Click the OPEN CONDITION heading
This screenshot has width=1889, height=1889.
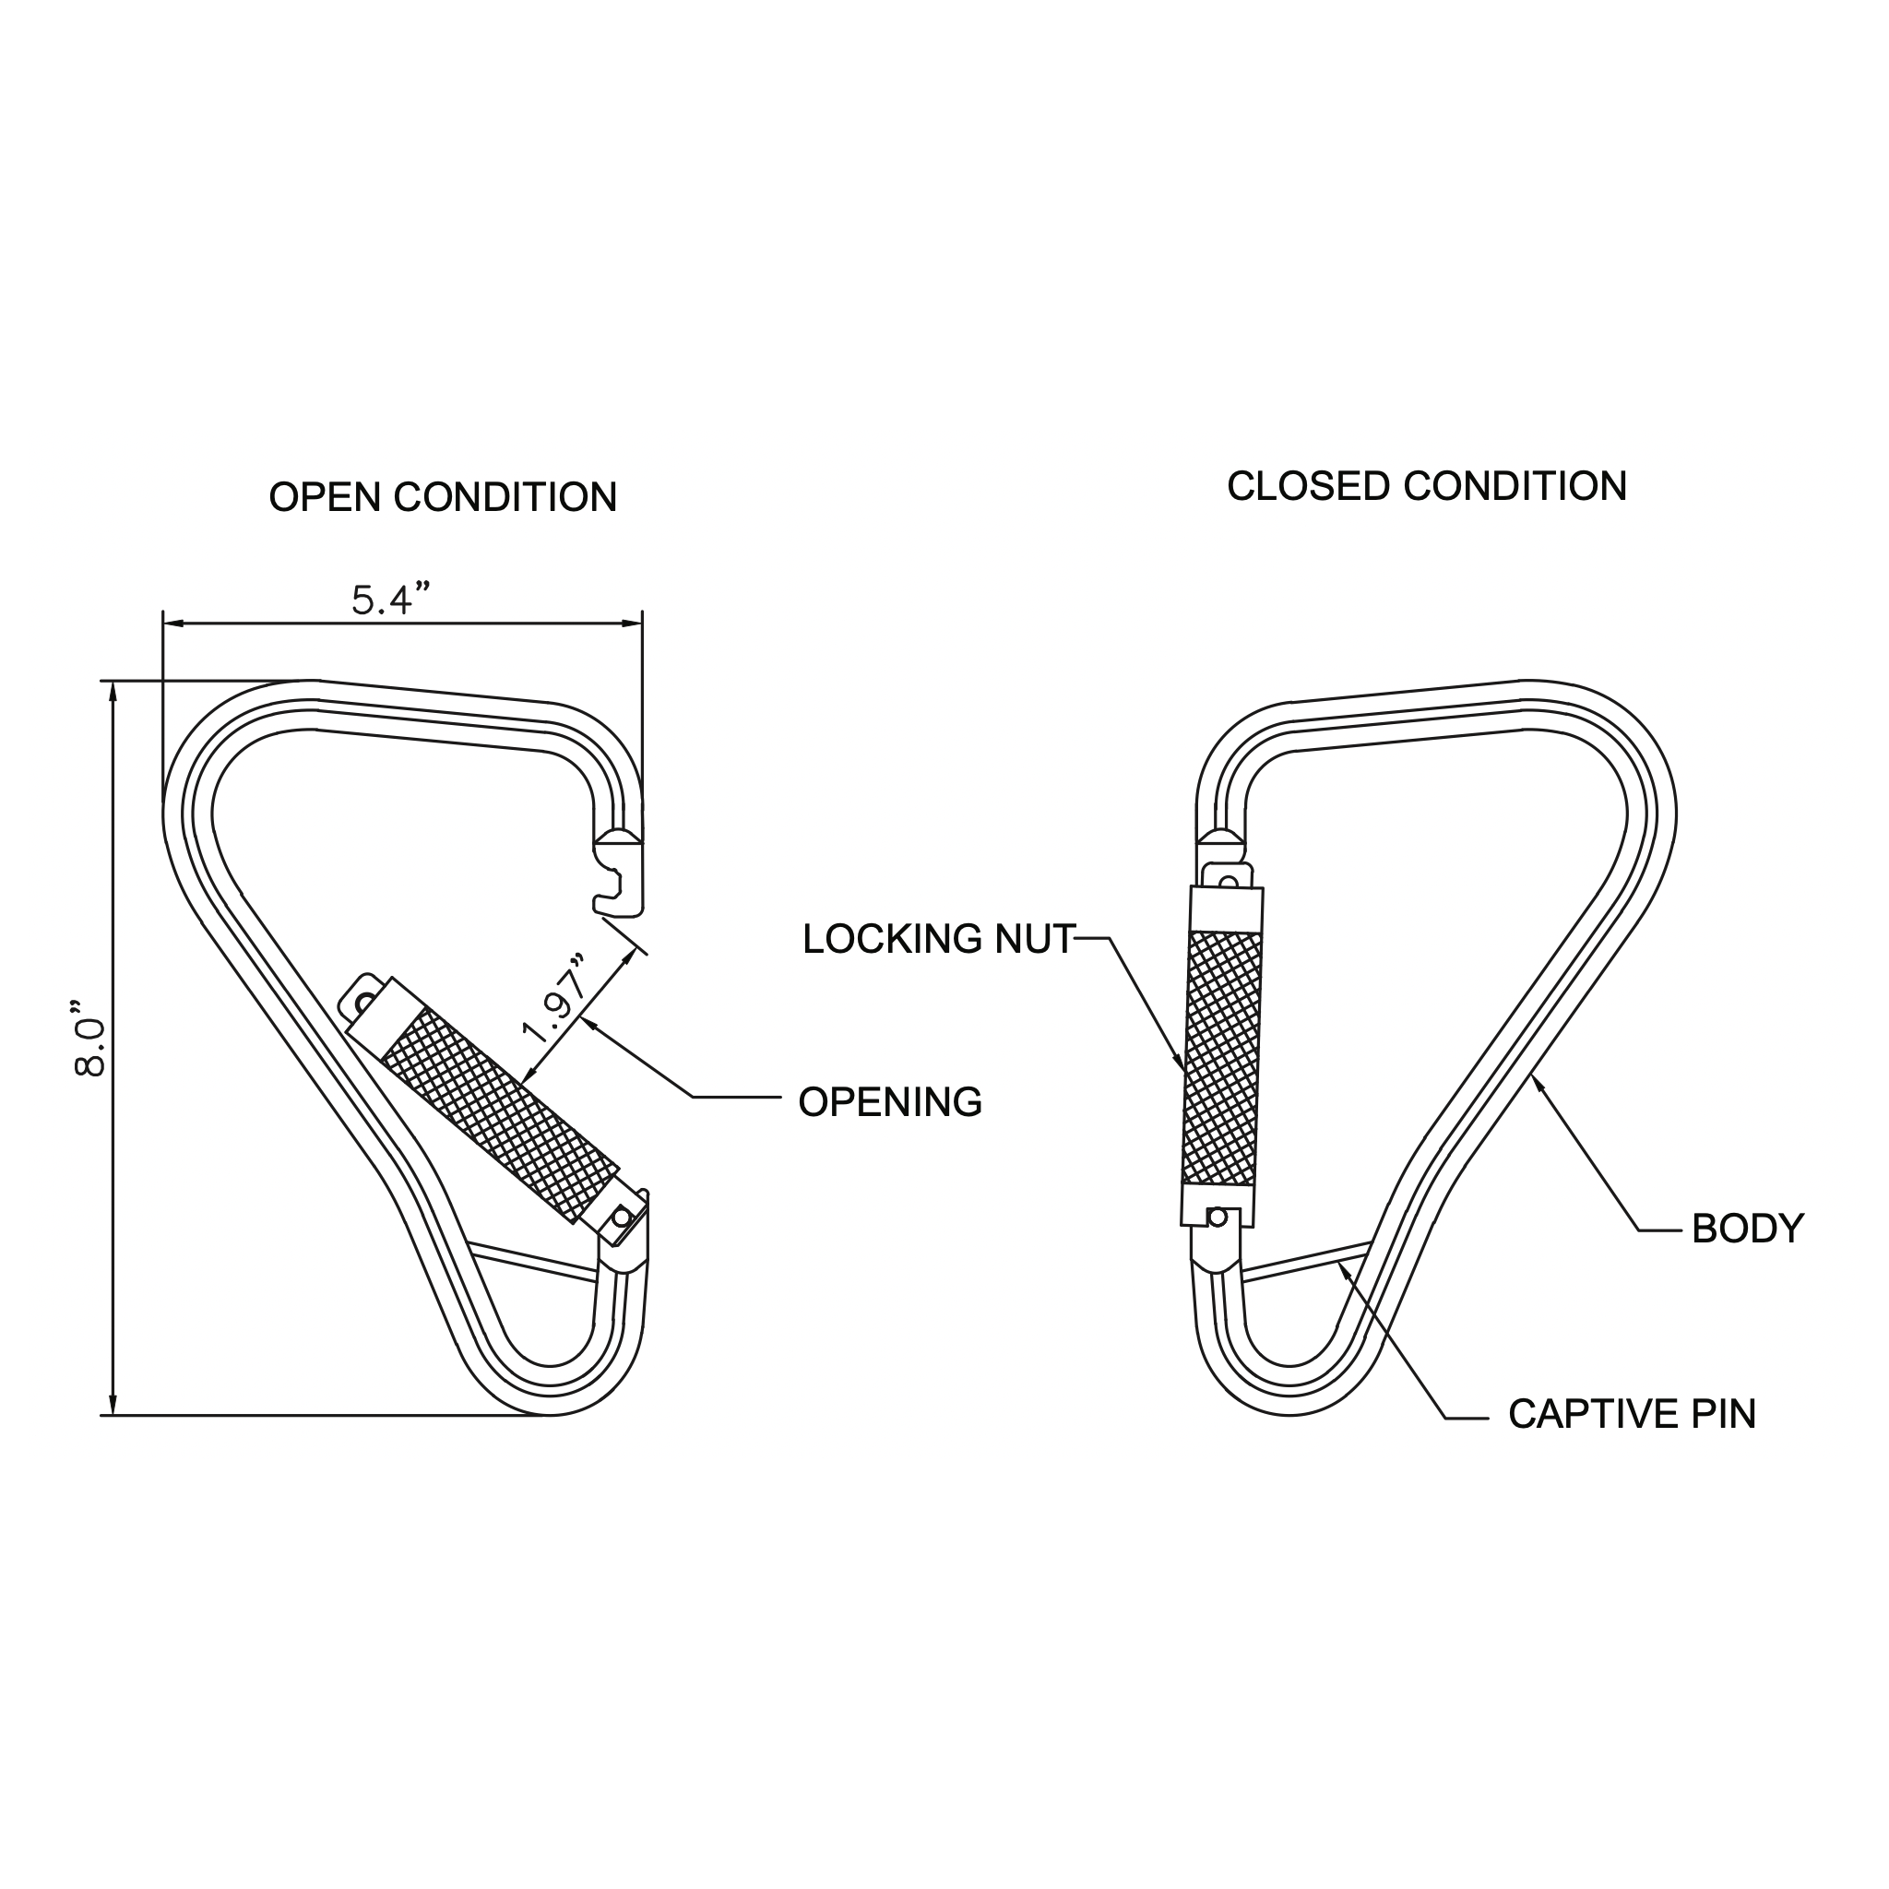[443, 498]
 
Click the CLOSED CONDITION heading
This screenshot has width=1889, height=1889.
[1427, 487]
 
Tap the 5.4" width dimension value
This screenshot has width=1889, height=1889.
[391, 599]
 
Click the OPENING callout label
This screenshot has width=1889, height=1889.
[890, 1102]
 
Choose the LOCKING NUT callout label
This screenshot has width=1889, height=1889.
[939, 939]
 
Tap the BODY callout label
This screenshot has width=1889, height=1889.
[1747, 1229]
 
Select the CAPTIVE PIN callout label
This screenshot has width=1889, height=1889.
[1632, 1414]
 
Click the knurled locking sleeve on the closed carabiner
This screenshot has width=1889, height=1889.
[1221, 1058]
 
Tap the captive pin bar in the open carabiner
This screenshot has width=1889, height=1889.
[534, 1259]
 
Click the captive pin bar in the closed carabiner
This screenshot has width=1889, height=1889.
[1306, 1261]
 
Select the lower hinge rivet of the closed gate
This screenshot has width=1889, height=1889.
[1218, 1218]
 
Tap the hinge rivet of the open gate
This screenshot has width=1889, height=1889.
[620, 1218]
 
